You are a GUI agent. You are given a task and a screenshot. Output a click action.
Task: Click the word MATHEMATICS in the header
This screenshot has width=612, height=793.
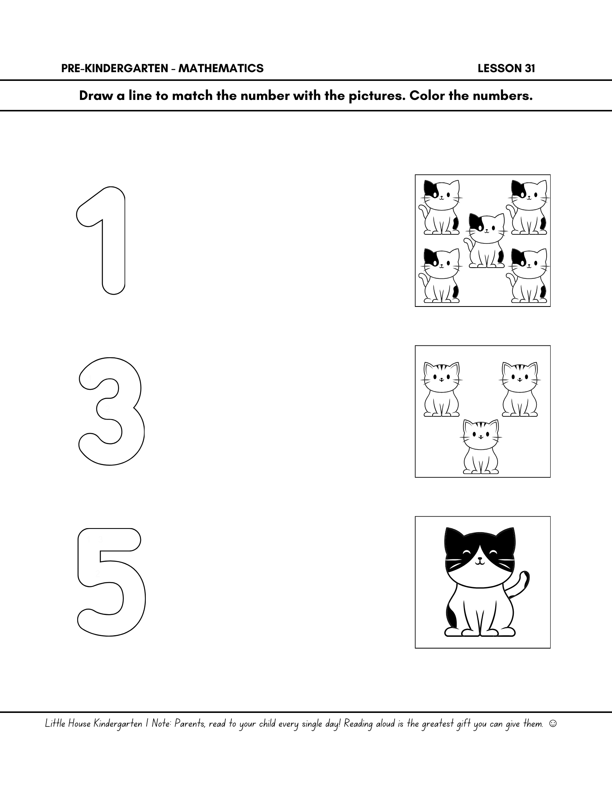pos(221,69)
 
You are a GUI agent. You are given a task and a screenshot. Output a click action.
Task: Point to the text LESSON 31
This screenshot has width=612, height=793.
pos(506,69)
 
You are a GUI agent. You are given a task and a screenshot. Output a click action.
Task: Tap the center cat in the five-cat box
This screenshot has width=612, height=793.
pos(485,240)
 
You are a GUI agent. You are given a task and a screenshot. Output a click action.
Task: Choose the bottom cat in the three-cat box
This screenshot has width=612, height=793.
pos(481,447)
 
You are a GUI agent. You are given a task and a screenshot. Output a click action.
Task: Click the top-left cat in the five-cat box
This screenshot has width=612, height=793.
pos(440,207)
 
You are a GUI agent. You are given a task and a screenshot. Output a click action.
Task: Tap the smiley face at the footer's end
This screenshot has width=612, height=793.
pos(553,724)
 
